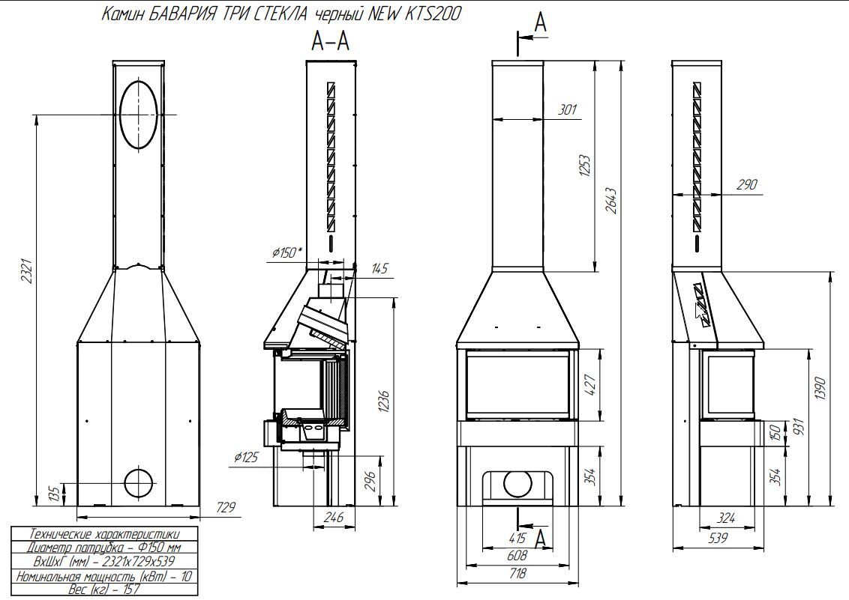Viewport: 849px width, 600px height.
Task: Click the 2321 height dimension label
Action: [x=27, y=272]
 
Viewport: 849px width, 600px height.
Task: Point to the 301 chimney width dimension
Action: [x=568, y=110]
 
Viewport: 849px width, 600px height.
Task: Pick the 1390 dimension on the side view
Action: [x=821, y=388]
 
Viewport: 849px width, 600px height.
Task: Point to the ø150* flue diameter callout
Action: [x=287, y=253]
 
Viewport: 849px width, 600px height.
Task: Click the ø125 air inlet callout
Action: [x=247, y=456]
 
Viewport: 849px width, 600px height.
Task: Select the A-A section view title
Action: [x=330, y=43]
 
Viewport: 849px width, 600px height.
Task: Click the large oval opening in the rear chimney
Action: [x=139, y=114]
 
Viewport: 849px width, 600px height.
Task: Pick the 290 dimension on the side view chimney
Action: [x=746, y=185]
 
